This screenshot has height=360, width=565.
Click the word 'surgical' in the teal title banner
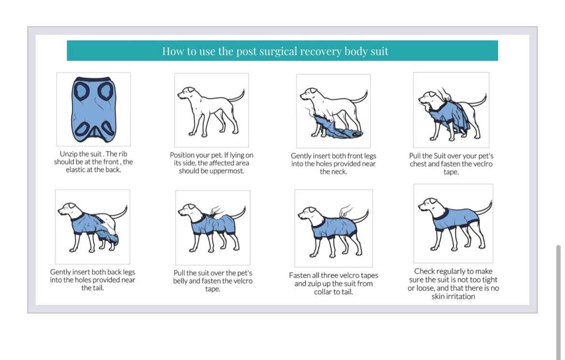(278, 52)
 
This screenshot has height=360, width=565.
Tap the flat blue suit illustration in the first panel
(94, 110)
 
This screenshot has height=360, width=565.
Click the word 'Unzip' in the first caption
(69, 154)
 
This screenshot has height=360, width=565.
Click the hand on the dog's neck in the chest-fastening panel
(444, 94)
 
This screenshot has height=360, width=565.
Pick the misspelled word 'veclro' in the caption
(482, 164)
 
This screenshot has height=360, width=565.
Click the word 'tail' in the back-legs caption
(97, 288)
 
